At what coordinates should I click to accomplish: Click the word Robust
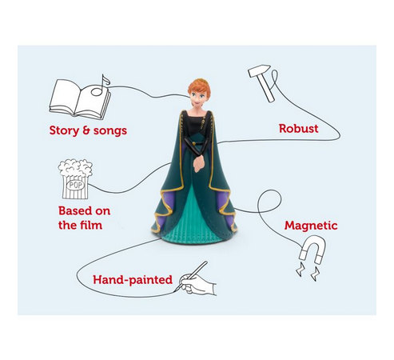298,127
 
